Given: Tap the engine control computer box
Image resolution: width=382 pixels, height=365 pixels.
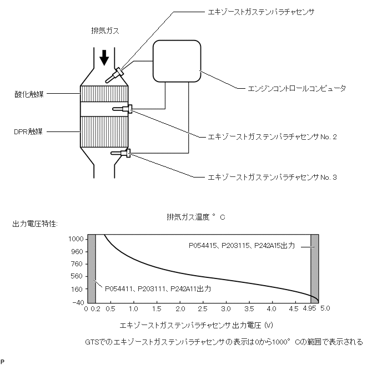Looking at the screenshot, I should [177, 61].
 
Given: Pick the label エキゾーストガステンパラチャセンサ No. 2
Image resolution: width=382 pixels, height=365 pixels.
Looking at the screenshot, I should [272, 136].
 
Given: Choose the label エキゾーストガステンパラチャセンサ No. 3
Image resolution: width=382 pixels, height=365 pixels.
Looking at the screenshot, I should [272, 177].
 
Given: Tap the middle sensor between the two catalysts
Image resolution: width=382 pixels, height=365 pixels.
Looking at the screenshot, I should [123, 109].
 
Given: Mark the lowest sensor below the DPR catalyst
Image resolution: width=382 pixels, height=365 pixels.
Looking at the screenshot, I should [122, 153].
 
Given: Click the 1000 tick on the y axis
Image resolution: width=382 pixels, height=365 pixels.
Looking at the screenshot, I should [76, 239].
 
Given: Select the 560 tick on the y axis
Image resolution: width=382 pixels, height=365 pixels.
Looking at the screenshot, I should [77, 276].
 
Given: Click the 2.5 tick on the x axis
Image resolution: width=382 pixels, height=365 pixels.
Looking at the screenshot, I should [203, 309].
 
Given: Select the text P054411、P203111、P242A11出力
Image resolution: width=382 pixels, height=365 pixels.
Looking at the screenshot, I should [158, 288].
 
